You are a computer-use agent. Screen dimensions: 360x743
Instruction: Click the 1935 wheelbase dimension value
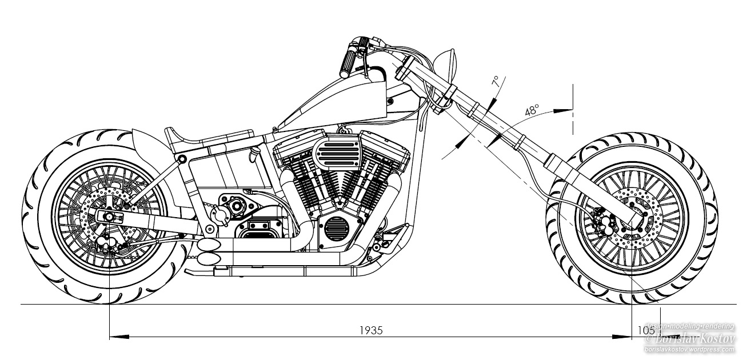click(x=371, y=330)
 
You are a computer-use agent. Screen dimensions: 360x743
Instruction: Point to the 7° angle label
click(x=495, y=81)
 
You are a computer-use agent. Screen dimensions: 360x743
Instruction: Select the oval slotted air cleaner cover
click(x=335, y=153)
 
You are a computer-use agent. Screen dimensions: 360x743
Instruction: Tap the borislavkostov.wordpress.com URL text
click(x=688, y=349)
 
